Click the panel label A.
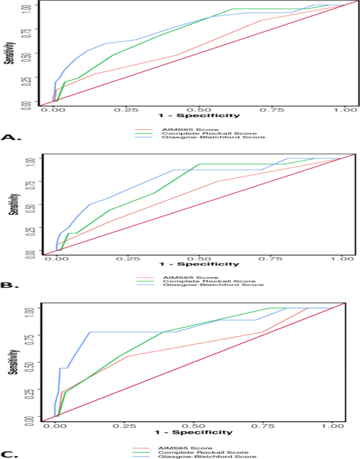coord(11,137)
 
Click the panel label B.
coord(11,287)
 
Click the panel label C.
coord(11,454)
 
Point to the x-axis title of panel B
coord(200,264)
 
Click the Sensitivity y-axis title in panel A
coord(9,52)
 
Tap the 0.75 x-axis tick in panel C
coord(269,425)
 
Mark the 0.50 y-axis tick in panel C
coord(31,363)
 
